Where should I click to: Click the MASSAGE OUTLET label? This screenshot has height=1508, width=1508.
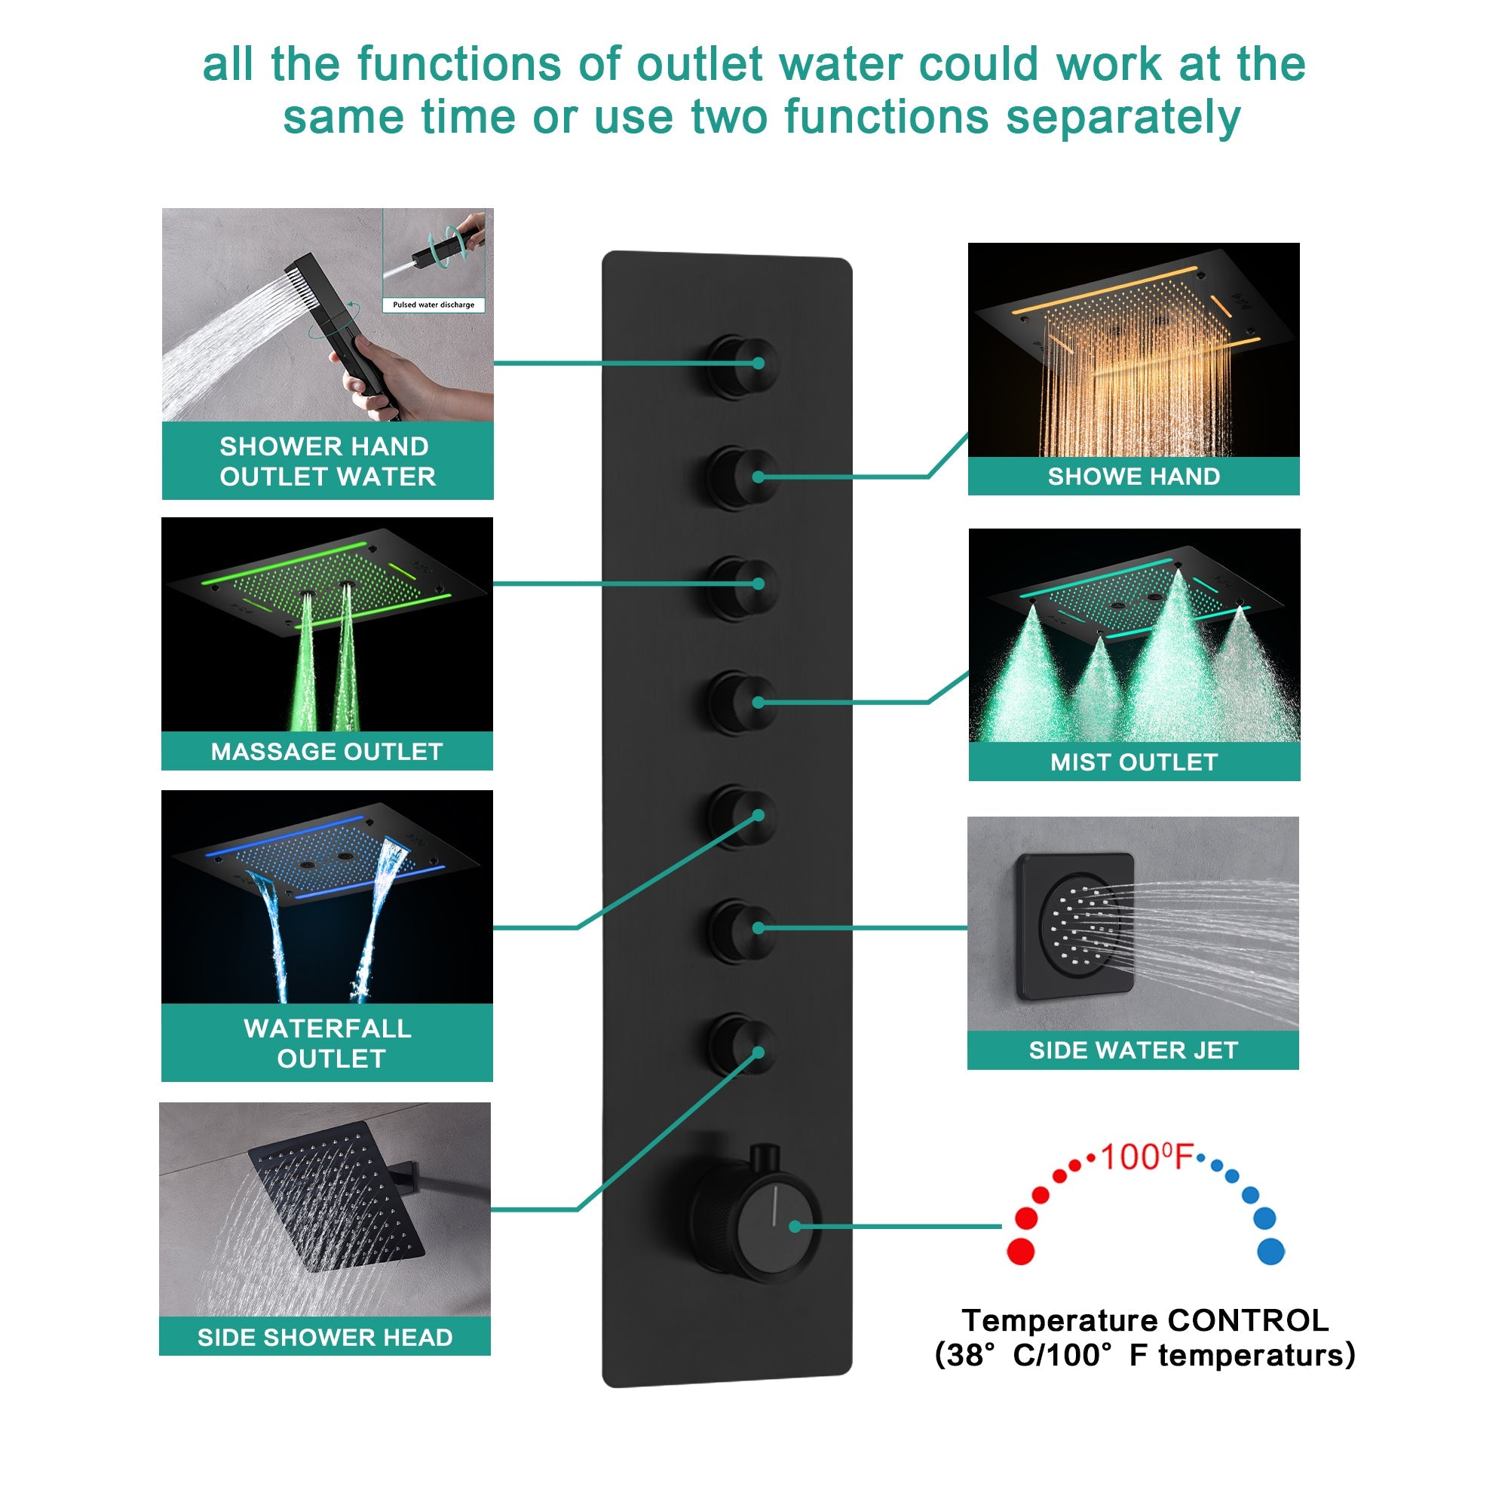[x=326, y=752]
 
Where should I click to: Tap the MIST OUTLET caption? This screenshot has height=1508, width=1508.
[x=1133, y=762]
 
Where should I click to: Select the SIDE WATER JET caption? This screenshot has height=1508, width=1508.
[x=1133, y=1050]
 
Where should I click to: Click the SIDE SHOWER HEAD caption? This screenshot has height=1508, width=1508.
[x=325, y=1337]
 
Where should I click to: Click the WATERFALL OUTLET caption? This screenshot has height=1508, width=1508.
[x=328, y=1043]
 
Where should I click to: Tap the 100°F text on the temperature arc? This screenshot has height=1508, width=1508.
[x=1146, y=1157]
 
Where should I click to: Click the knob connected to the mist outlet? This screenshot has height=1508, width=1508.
[x=741, y=703]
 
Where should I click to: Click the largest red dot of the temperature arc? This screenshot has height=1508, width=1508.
[x=1020, y=1251]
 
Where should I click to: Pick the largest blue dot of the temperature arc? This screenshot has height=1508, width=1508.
[x=1270, y=1251]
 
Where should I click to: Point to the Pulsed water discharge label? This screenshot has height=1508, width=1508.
[x=434, y=305]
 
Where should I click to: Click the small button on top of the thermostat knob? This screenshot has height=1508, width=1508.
[x=764, y=1157]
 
